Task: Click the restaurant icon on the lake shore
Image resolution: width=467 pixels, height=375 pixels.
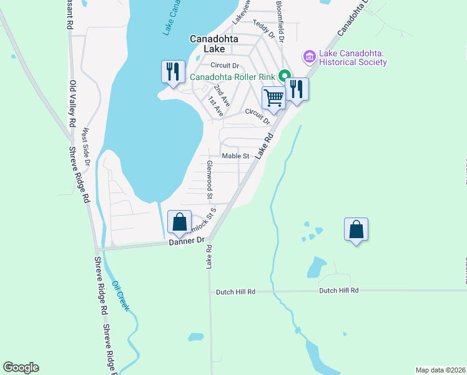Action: (x=172, y=71)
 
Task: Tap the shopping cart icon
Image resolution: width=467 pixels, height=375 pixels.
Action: (x=273, y=98)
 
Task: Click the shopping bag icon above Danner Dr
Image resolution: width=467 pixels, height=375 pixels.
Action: (x=180, y=222)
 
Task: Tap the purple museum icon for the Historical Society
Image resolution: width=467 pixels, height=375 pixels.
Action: (x=308, y=57)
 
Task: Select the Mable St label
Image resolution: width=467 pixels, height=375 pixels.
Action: (x=235, y=156)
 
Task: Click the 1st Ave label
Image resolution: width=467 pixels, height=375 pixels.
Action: (x=216, y=106)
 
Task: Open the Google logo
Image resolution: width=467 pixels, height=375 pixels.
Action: (x=21, y=367)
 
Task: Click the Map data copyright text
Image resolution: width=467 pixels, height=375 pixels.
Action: (x=440, y=369)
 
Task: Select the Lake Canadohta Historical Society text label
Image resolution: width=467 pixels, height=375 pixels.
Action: (x=353, y=57)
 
